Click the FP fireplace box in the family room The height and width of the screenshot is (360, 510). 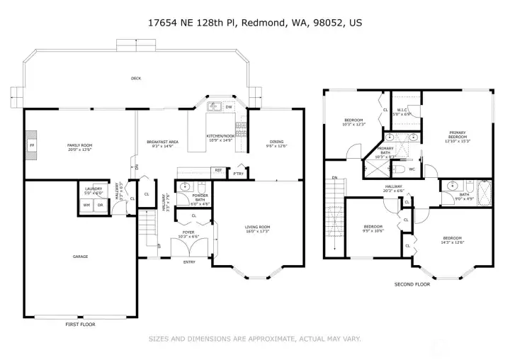[31, 145]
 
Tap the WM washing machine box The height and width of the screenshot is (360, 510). [86, 205]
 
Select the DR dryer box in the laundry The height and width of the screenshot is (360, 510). [101, 205]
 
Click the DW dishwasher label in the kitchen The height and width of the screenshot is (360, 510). [228, 108]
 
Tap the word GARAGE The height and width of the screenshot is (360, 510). [79, 257]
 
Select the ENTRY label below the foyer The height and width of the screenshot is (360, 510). [189, 262]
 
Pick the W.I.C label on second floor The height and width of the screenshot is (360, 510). [402, 109]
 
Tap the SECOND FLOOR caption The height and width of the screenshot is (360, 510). [412, 283]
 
